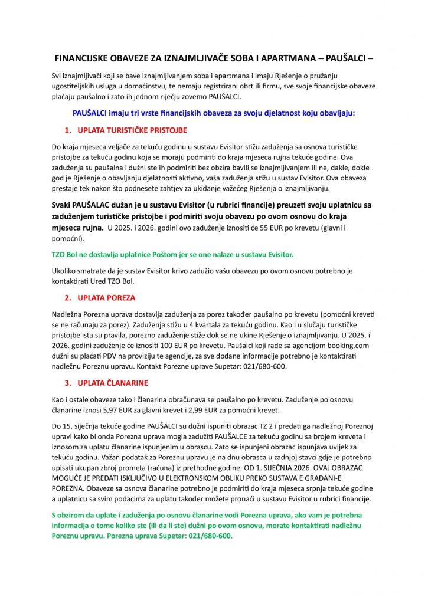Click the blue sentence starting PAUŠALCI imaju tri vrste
tap(214, 112)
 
